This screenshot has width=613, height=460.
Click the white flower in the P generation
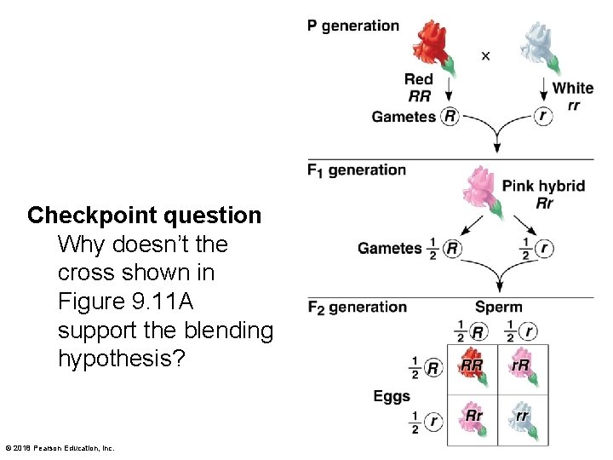pyautogui.click(x=539, y=46)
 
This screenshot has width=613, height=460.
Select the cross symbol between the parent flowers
pyautogui.click(x=485, y=56)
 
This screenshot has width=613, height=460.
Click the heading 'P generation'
pyautogui.click(x=353, y=26)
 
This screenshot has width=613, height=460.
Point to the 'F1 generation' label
pyautogui.click(x=357, y=170)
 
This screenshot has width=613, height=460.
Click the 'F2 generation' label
pyautogui.click(x=358, y=307)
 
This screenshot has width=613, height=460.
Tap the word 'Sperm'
pyautogui.click(x=499, y=307)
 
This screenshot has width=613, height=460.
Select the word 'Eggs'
pyautogui.click(x=392, y=396)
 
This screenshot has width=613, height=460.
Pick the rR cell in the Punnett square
pyautogui.click(x=521, y=367)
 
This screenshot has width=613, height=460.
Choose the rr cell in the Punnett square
pyautogui.click(x=521, y=418)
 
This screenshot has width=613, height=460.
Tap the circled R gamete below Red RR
pyautogui.click(x=450, y=117)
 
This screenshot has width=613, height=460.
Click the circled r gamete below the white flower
pyautogui.click(x=542, y=116)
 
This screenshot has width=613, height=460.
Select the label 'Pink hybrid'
pyautogui.click(x=543, y=186)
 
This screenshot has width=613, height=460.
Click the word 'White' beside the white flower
pyautogui.click(x=573, y=88)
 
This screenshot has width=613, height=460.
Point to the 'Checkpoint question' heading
pyautogui.click(x=144, y=216)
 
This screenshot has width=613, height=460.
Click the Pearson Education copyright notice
pyautogui.click(x=60, y=448)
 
